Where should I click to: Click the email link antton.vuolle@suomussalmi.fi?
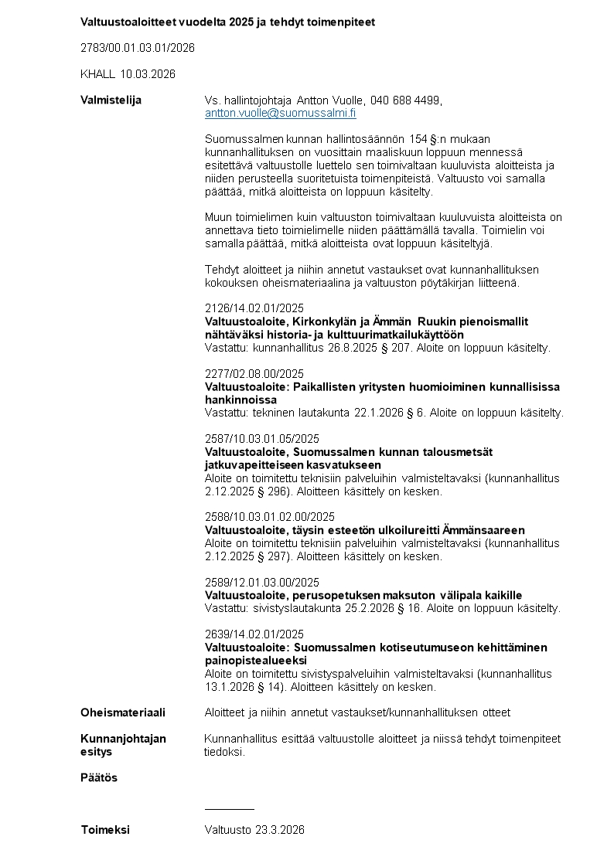[x=280, y=113]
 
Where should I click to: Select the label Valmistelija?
[x=111, y=100]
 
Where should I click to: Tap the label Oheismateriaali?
[x=123, y=712]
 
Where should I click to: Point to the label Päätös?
[x=99, y=777]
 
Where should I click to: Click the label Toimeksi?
[x=105, y=830]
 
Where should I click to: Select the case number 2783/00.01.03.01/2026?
[x=138, y=48]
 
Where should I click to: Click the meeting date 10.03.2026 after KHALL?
[x=148, y=74]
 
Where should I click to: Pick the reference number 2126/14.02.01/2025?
[x=254, y=308]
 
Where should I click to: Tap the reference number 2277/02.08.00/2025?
[x=254, y=374]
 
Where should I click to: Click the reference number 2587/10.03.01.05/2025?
[x=261, y=439]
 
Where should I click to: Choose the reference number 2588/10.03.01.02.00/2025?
[x=269, y=517]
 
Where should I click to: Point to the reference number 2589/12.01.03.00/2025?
[x=261, y=582]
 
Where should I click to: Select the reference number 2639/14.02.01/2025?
[x=254, y=634]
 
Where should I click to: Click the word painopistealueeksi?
[x=255, y=661]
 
